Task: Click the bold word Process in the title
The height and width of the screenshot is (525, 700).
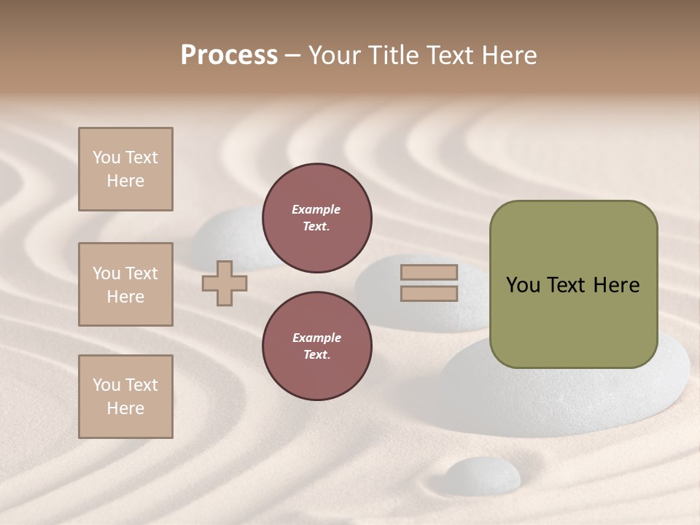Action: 229,55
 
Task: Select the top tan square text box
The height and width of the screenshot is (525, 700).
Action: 125,169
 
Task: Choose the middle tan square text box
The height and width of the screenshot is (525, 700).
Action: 125,284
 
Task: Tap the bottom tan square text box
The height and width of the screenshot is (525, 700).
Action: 125,396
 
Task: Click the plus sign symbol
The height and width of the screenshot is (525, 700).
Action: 225,283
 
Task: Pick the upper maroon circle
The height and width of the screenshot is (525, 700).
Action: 316,218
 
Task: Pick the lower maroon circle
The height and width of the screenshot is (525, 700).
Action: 316,346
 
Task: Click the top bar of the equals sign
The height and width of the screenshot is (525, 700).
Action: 429,273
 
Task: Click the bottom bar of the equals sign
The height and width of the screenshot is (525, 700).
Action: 429,294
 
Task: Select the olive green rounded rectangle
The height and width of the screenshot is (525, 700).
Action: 573,284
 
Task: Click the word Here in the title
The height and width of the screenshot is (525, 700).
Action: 507,55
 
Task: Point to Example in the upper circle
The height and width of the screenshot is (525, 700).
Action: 316,210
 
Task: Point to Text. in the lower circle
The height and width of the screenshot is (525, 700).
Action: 316,355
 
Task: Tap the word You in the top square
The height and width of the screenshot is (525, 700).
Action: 106,157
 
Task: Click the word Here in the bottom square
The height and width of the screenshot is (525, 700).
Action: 125,408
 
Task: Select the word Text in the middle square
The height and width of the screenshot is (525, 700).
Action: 141,273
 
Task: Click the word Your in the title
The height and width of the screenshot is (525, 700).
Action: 336,55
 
